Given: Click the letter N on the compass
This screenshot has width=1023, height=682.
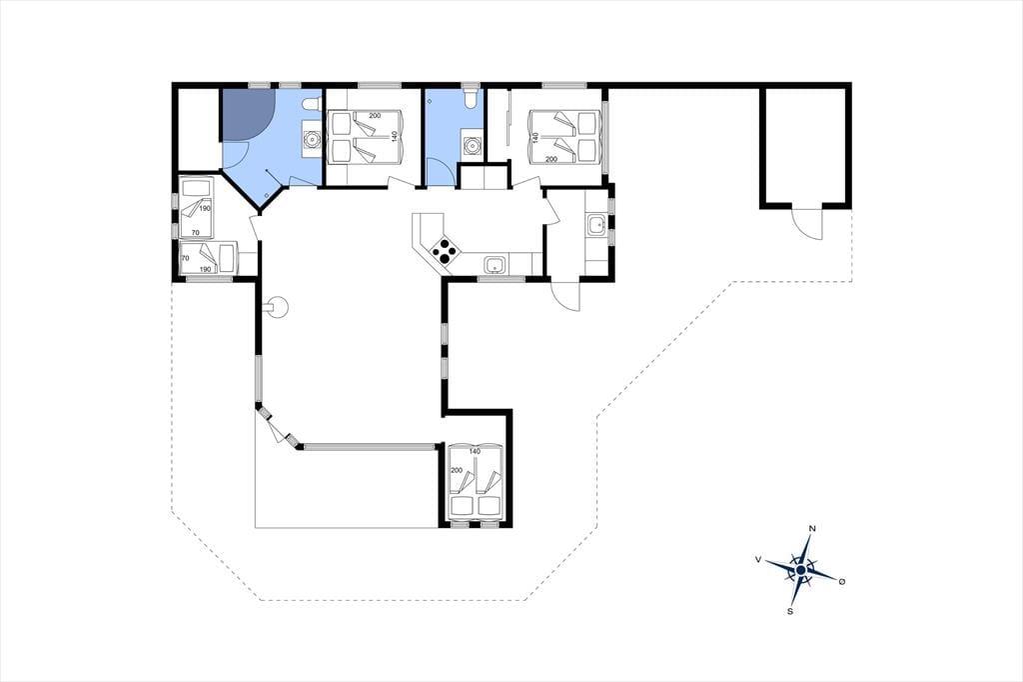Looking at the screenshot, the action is pyautogui.click(x=812, y=528).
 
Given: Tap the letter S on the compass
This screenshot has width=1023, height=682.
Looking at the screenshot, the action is pyautogui.click(x=790, y=611).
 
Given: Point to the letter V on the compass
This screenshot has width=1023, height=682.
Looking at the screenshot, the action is pyautogui.click(x=758, y=559).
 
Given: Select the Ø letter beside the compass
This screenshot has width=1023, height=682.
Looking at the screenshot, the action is pyautogui.click(x=842, y=581).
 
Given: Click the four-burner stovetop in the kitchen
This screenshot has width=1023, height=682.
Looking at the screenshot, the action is pyautogui.click(x=445, y=250).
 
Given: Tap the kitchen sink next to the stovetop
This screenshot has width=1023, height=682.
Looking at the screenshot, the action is pyautogui.click(x=495, y=265).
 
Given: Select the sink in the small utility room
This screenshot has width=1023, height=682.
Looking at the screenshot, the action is pyautogui.click(x=596, y=225).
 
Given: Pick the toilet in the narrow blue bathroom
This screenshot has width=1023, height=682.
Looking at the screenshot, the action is pyautogui.click(x=470, y=99).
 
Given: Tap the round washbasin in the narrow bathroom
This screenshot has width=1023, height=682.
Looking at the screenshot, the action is pyautogui.click(x=471, y=146).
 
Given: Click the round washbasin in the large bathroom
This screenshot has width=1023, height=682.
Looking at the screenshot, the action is pyautogui.click(x=313, y=139).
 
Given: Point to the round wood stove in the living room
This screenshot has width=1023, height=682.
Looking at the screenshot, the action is pyautogui.click(x=278, y=307).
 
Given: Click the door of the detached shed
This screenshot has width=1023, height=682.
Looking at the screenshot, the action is pyautogui.click(x=807, y=222).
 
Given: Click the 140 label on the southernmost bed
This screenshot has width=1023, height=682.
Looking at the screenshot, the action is pyautogui.click(x=475, y=451).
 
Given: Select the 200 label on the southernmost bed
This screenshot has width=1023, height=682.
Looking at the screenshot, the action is pyautogui.click(x=456, y=470).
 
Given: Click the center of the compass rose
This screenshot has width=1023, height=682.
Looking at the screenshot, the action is pyautogui.click(x=800, y=570).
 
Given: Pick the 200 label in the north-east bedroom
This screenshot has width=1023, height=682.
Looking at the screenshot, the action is pyautogui.click(x=550, y=159).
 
